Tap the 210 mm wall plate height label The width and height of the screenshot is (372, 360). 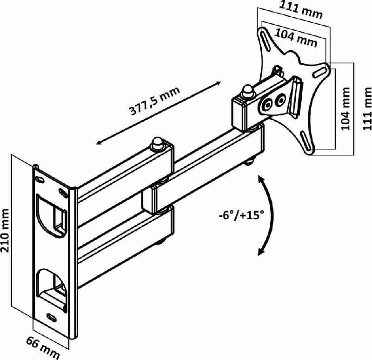6,230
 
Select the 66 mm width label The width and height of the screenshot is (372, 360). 42,347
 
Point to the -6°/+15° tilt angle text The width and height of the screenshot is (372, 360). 241,216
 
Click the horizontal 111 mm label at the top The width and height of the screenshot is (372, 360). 300,10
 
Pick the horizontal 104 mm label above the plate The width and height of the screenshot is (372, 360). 296,38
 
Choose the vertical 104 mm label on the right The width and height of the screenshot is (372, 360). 345,109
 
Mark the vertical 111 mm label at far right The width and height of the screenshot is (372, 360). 367,109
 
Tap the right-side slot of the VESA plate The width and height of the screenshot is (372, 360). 320,72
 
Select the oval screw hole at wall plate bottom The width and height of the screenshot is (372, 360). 52,317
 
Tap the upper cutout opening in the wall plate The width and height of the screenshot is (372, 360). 52,215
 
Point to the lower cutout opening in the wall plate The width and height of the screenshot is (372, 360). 52,290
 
